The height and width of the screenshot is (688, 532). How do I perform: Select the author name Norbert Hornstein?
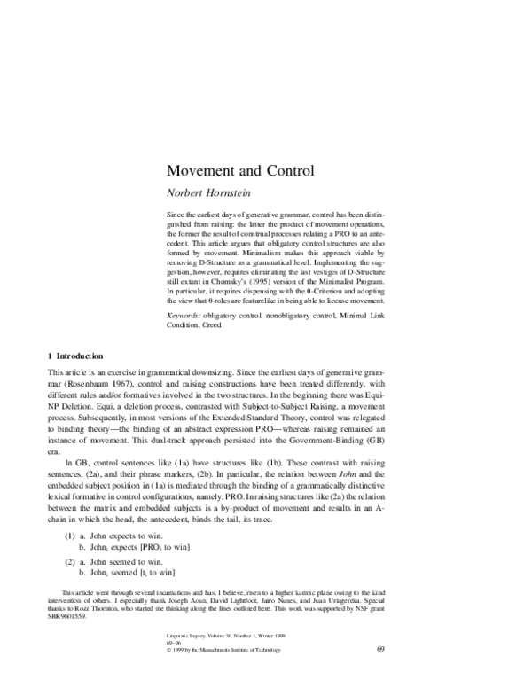(x=213, y=192)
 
